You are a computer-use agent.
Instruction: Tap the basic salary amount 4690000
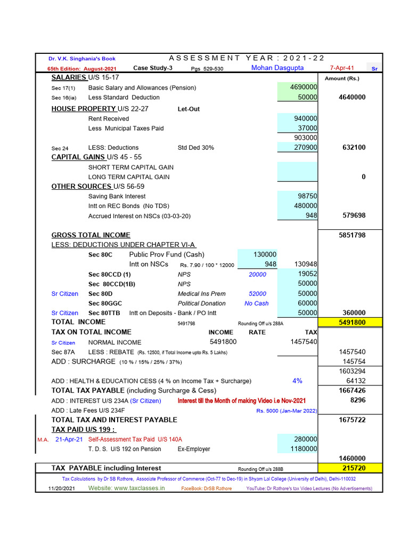point(304,87)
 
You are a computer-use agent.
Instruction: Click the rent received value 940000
point(306,118)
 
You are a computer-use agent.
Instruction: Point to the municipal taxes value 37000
point(308,128)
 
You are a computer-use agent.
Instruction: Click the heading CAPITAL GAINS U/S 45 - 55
point(96,157)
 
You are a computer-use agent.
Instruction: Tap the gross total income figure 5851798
point(352,235)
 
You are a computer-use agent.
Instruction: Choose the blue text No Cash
point(257,303)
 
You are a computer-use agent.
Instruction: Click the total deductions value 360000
point(354,313)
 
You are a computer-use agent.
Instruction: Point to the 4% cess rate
point(297,381)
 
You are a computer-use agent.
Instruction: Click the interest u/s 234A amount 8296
point(357,400)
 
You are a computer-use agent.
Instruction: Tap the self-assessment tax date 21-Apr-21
point(69,439)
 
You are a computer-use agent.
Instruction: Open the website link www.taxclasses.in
point(126,488)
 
